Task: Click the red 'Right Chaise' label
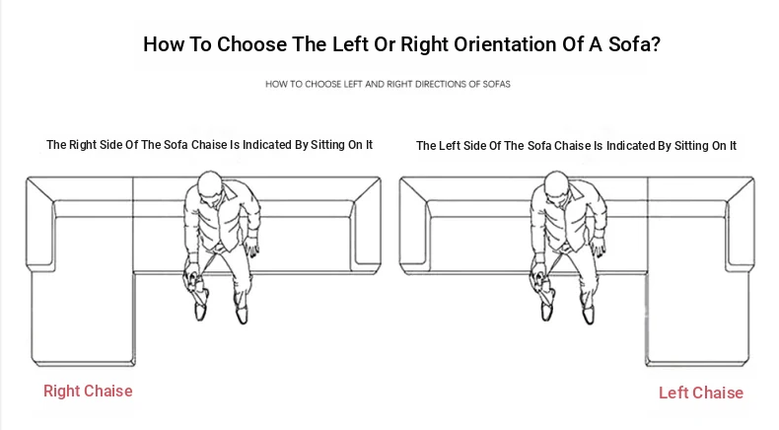[88, 391]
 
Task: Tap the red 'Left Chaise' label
[701, 393]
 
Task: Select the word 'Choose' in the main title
[251, 44]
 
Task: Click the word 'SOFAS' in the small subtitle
[496, 84]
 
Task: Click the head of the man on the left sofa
[210, 186]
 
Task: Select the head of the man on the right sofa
[556, 186]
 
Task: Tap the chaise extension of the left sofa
[83, 319]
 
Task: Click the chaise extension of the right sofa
[697, 319]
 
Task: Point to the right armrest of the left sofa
[366, 224]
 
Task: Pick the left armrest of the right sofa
[415, 224]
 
